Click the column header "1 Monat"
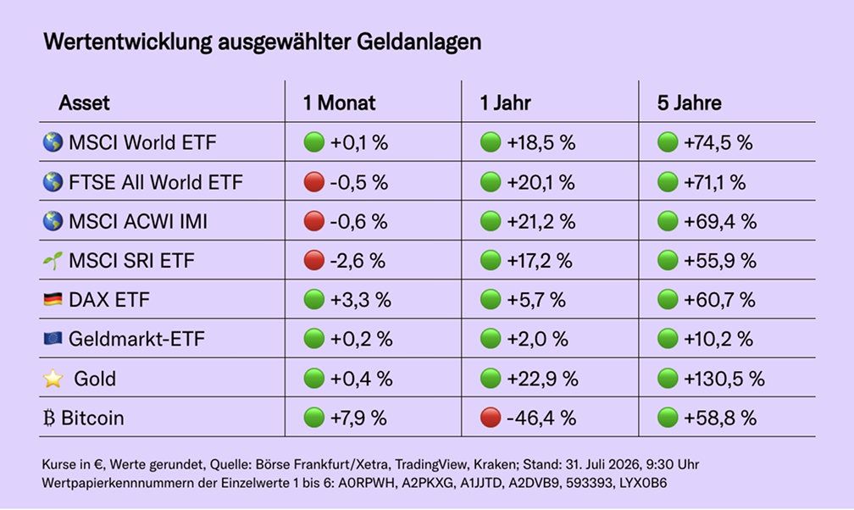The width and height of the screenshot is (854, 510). (339, 103)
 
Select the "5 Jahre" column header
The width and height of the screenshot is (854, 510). (689, 103)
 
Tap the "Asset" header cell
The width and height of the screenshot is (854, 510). (84, 103)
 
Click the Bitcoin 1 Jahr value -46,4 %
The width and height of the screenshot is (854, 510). (541, 418)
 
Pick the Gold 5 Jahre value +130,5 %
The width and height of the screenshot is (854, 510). (724, 379)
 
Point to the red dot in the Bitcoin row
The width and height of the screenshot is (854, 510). (491, 418)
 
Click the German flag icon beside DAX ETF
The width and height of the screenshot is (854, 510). (53, 299)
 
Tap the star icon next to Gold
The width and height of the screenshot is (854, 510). (53, 378)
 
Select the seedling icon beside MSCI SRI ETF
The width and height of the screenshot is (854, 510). (53, 260)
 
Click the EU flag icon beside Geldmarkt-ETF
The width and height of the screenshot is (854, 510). (53, 338)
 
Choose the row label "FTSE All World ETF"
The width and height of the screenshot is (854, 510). (156, 182)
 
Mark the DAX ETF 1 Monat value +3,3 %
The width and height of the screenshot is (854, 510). (361, 300)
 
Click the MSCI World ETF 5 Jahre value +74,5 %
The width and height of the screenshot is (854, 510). (718, 143)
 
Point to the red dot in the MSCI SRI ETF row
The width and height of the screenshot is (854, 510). (313, 260)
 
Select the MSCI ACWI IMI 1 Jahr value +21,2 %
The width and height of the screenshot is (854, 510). (541, 221)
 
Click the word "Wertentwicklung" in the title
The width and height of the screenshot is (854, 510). (127, 42)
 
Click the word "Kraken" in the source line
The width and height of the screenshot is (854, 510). (495, 465)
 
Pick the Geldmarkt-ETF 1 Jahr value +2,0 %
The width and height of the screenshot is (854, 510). (537, 339)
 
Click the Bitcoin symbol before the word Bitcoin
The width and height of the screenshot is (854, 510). (49, 418)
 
